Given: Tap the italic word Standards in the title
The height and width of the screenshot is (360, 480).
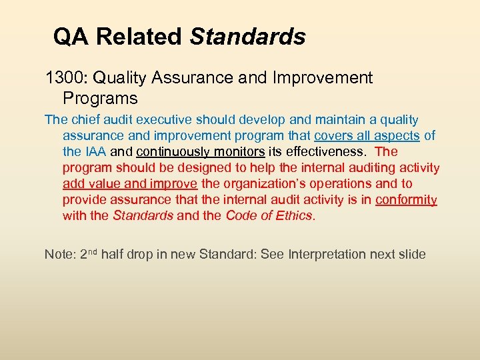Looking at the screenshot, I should (x=247, y=37).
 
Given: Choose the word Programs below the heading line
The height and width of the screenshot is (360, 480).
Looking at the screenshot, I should (x=100, y=99).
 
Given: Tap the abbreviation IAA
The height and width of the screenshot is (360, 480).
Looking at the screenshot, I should (x=95, y=152).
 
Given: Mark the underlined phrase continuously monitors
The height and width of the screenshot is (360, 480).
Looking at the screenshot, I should (x=201, y=152).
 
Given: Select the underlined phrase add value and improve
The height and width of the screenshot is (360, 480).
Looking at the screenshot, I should (x=130, y=184).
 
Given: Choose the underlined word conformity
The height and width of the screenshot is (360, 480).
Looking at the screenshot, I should (x=406, y=200).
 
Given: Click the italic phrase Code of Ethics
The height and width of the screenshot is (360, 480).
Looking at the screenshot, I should (x=268, y=216).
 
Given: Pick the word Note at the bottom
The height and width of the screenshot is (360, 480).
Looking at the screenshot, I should (x=58, y=255).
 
